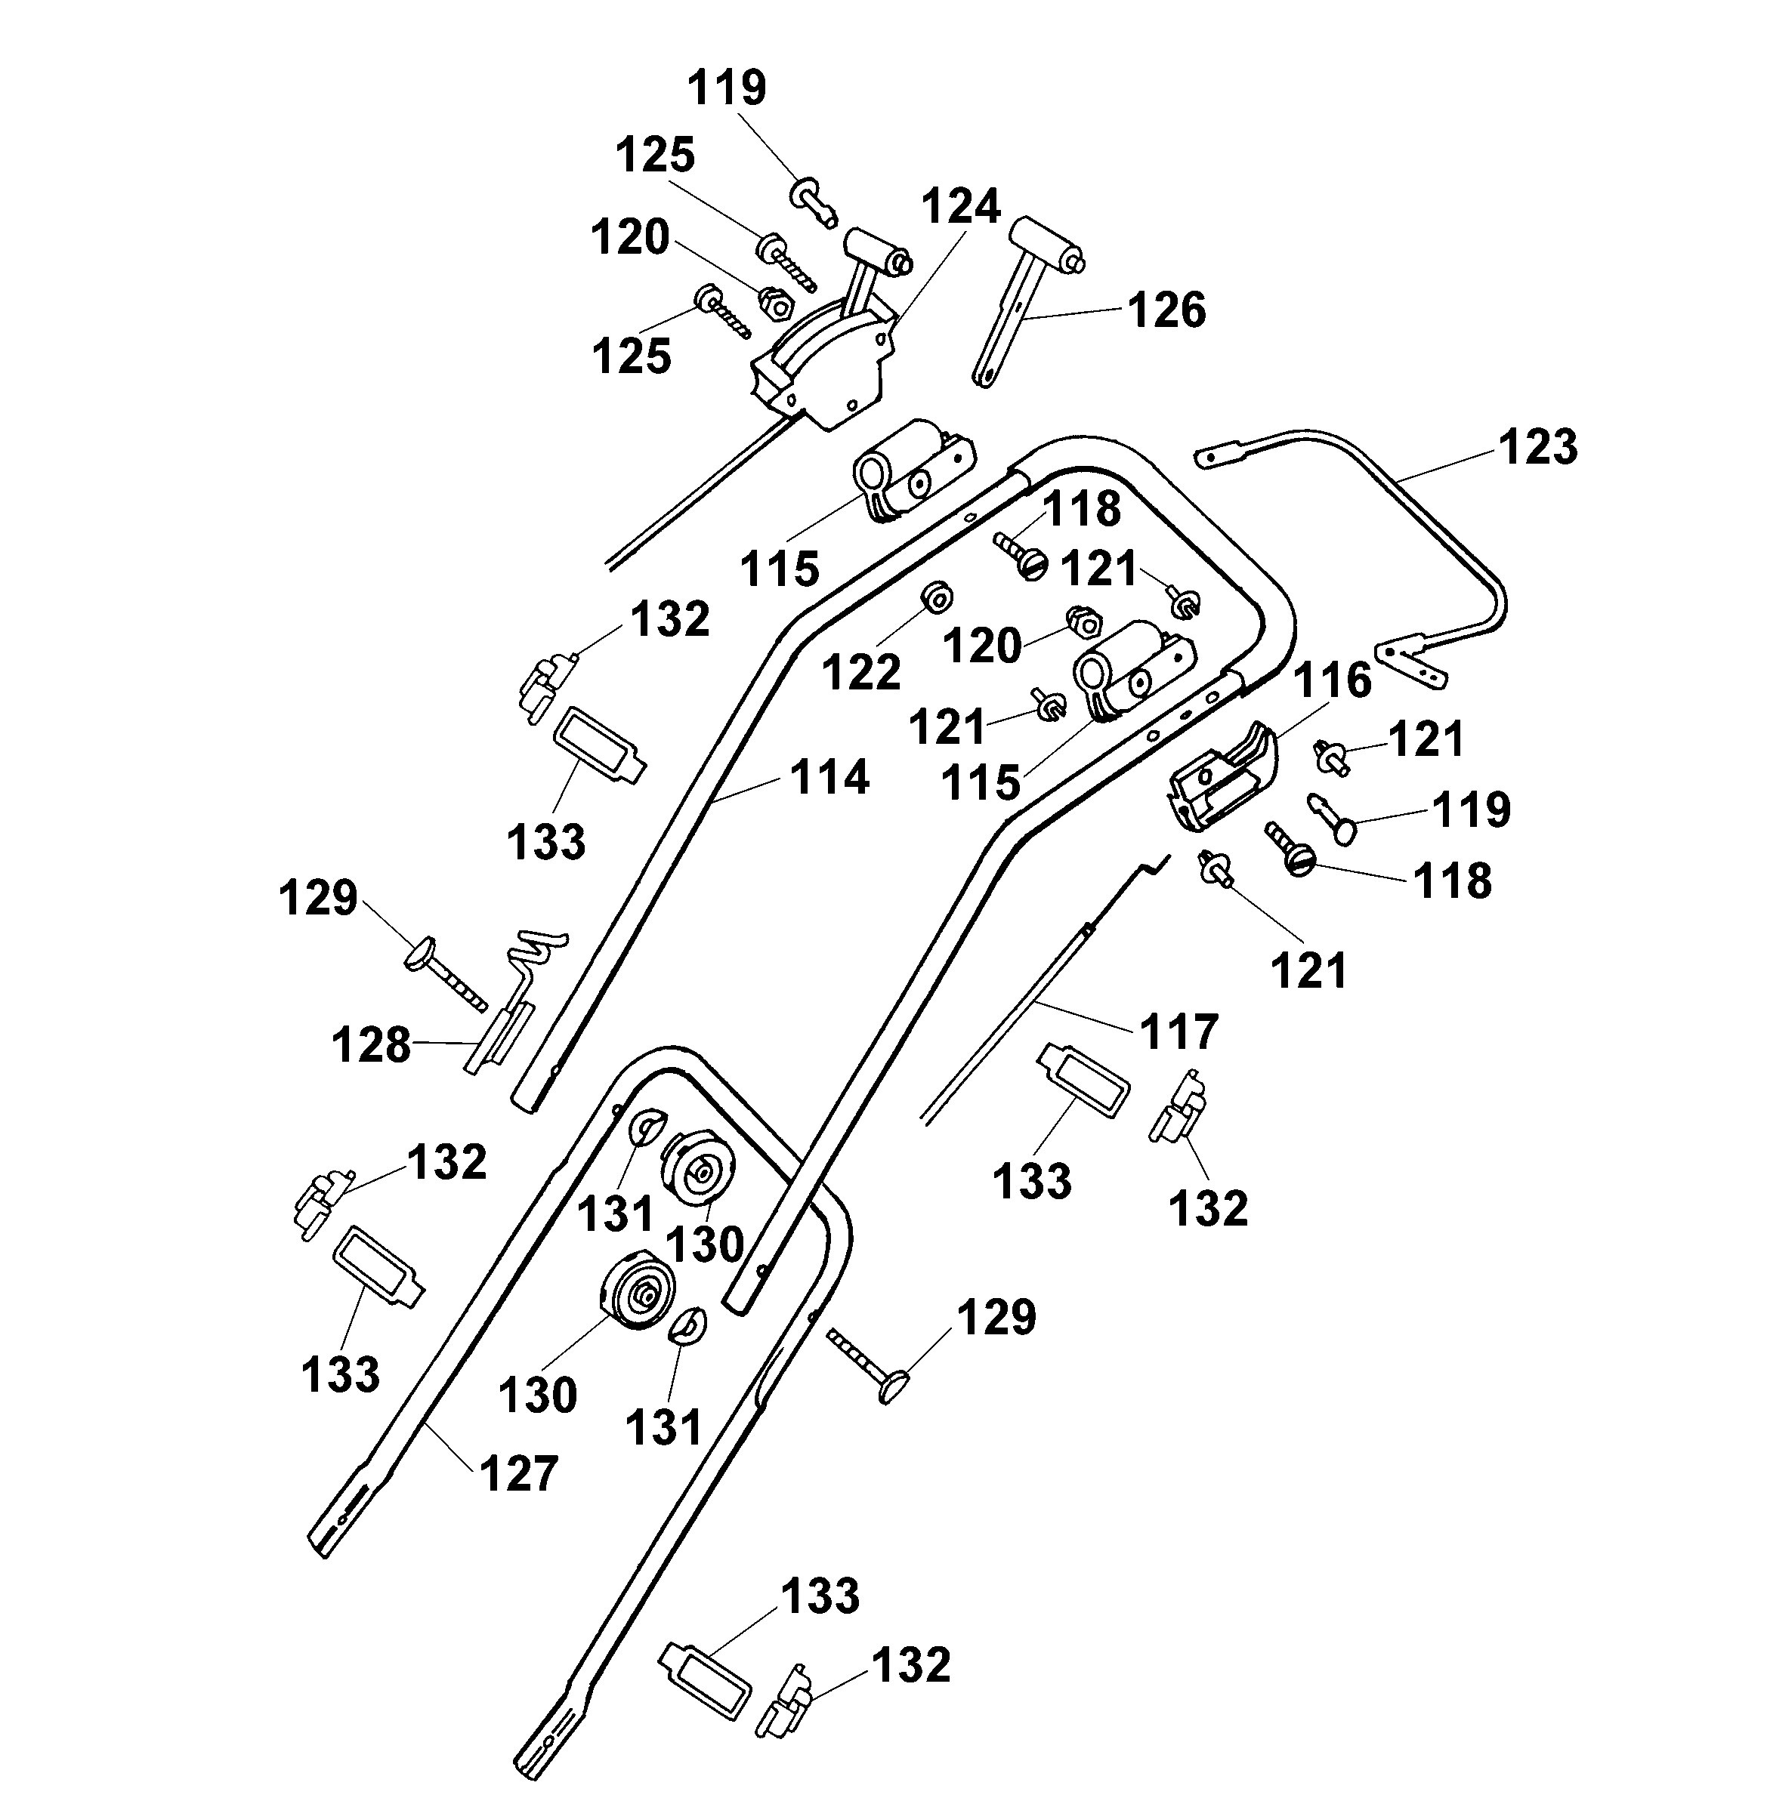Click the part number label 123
[1538, 446]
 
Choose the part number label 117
[1179, 1031]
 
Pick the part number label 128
[371, 1045]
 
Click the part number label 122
[861, 672]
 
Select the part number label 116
[1333, 681]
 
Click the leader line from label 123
[1447, 462]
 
